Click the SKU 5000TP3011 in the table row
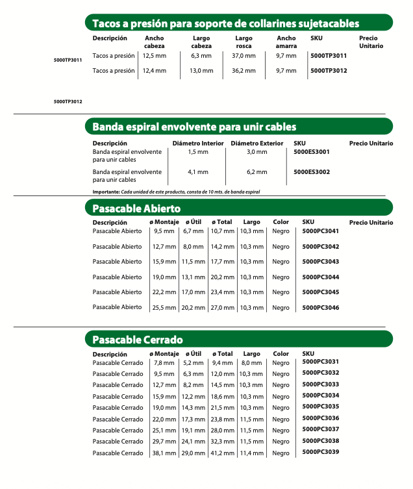coord(329,56)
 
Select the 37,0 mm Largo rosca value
coord(244,56)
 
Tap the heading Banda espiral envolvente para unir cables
coord(194,127)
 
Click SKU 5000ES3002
coord(312,172)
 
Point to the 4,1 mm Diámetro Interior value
coord(197,172)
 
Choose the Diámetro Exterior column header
coord(257,143)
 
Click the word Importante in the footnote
coord(106,192)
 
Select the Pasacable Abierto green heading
coord(136,208)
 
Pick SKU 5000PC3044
coord(321,277)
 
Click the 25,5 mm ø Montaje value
coord(164,308)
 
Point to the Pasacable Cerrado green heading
coord(138,340)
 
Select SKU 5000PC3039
coord(321,451)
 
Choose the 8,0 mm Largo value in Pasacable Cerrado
coord(251,363)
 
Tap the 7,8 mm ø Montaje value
coord(164,363)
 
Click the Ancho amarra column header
coord(286,42)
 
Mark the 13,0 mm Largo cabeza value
coord(201,71)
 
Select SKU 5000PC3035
coord(321,407)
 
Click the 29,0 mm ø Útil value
coord(193,453)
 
